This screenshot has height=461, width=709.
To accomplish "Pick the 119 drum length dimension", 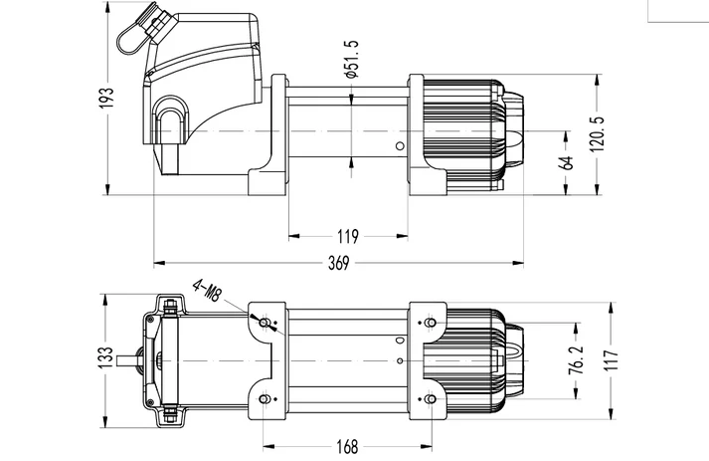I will (x=347, y=237).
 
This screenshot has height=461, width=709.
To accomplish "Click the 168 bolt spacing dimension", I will (x=346, y=446).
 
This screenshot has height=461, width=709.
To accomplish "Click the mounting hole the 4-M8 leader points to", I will (x=264, y=323).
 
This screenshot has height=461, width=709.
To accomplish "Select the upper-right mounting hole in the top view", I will (x=430, y=323).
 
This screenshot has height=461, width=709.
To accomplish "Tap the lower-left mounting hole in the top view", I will (x=264, y=398).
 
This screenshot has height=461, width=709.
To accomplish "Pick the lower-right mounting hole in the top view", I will (x=430, y=398).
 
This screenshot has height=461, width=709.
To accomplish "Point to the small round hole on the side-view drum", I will (x=399, y=148).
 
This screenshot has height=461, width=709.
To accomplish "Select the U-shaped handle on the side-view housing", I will (x=171, y=120).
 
